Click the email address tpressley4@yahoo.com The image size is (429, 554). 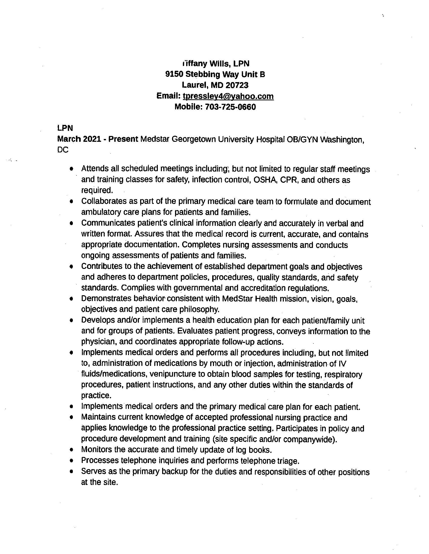(228, 96)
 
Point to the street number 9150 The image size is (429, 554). (174, 74)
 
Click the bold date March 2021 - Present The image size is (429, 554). (98, 139)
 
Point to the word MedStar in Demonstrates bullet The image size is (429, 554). (237, 299)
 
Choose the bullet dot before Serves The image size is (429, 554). (72, 472)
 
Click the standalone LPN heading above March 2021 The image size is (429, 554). (65, 128)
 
